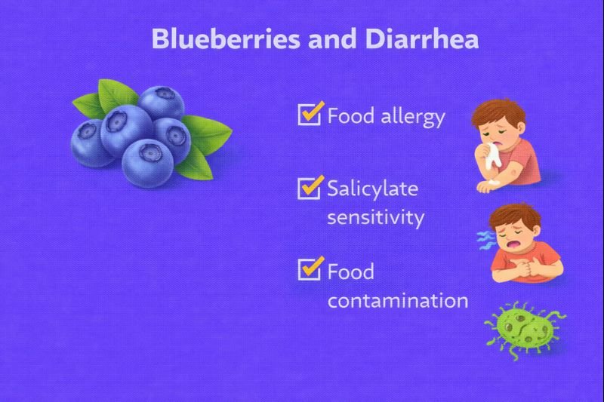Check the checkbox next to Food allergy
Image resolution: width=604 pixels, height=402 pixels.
(x=310, y=115)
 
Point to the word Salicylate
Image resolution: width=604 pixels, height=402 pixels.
(x=372, y=189)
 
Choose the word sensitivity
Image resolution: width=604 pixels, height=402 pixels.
(x=375, y=218)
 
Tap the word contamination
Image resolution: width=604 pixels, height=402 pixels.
(x=398, y=300)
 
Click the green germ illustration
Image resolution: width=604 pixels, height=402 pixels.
(x=523, y=325)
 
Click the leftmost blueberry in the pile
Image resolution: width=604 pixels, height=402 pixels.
(x=91, y=142)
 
